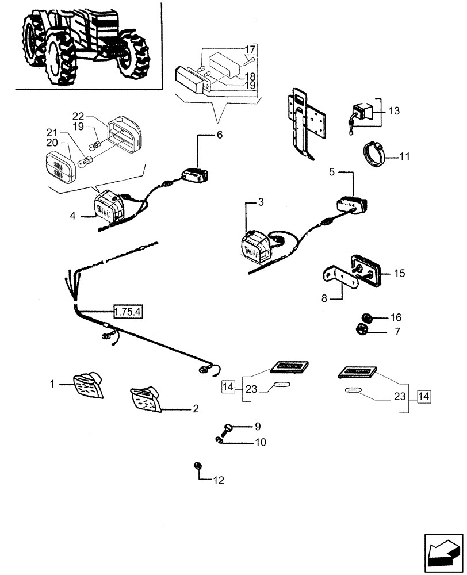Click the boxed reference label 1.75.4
128,312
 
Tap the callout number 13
393,110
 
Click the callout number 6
219,136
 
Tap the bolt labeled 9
227,428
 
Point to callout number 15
399,273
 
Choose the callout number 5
332,172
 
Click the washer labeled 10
220,441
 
